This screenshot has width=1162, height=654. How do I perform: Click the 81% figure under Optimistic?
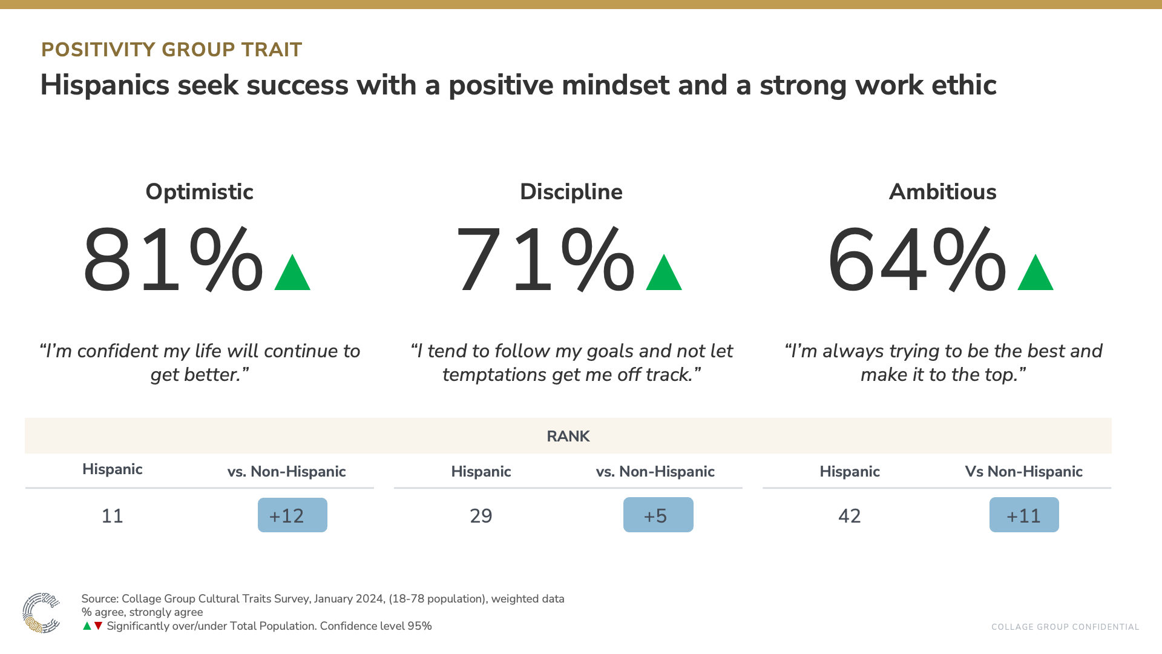tap(173, 260)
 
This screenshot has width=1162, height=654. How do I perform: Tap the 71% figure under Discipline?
tap(545, 260)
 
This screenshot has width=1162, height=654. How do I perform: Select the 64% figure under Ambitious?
tap(916, 260)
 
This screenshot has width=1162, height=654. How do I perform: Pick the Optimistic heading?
tap(199, 192)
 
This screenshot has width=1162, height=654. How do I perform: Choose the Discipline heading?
tap(571, 192)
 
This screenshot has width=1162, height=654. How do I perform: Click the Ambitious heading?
tap(942, 192)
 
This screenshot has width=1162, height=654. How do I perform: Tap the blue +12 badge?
tap(292, 515)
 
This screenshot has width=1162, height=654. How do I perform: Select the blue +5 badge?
tap(658, 515)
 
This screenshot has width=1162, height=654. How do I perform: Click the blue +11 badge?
tap(1024, 515)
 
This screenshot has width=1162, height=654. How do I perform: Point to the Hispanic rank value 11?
tap(112, 516)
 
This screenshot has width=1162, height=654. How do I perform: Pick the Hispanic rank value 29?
tap(481, 516)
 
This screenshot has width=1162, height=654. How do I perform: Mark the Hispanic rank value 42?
tap(849, 516)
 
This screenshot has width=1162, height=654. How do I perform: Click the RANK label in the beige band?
tap(568, 437)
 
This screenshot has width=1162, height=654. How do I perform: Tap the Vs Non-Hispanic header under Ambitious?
tap(1023, 472)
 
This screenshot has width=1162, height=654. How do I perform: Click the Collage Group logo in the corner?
tap(41, 613)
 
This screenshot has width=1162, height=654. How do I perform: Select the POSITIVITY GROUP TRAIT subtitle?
tap(171, 50)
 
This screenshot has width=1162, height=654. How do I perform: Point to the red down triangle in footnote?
tap(98, 626)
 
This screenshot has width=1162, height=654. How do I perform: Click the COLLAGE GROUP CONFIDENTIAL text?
tap(1065, 627)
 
